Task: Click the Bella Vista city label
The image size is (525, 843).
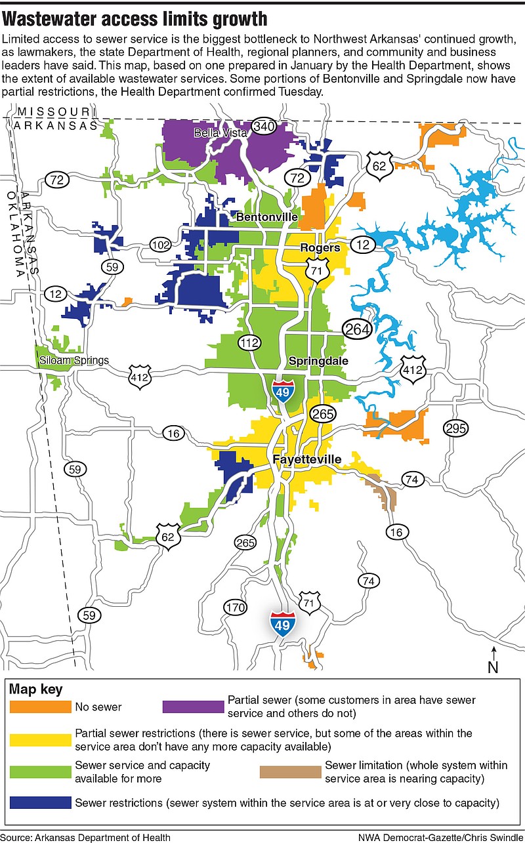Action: (220, 133)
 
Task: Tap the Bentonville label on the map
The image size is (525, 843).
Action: (267, 217)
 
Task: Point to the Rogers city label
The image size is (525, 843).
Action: (320, 247)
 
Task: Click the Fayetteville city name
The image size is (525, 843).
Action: (307, 459)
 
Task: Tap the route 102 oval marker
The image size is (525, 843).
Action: (159, 245)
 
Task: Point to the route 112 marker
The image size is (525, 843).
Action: (249, 342)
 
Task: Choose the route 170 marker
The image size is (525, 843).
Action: (235, 607)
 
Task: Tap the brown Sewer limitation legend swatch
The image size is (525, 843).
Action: (289, 772)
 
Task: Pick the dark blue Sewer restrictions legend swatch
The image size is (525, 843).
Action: (40, 802)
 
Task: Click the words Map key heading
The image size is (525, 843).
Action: (36, 689)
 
